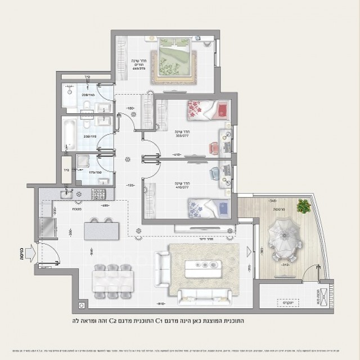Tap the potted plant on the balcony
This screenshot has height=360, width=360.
point(304,206)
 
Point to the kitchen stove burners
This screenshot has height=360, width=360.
point(99,195)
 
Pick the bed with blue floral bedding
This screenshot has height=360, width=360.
point(208,206)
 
